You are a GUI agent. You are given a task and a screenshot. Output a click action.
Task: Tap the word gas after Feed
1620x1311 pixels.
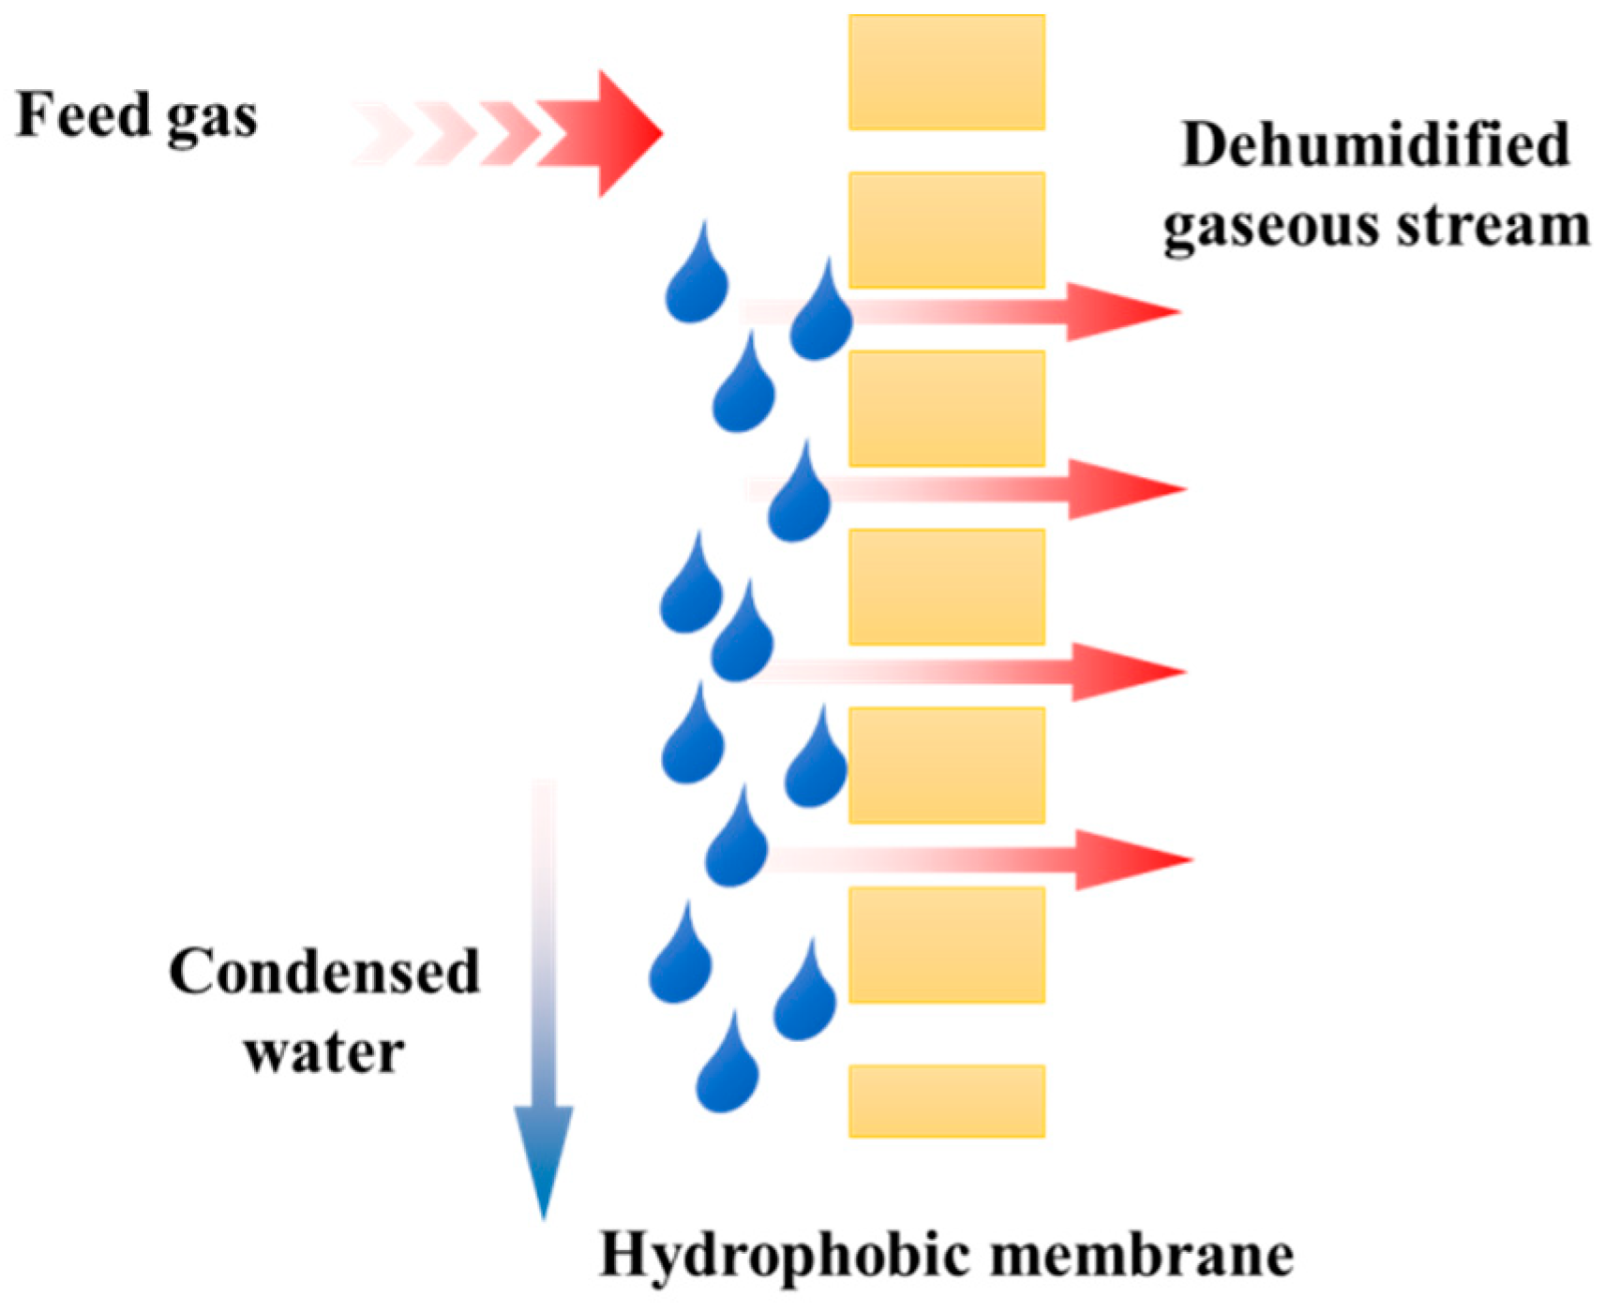click(211, 120)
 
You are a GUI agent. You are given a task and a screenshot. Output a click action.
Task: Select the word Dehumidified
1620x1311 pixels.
click(1375, 145)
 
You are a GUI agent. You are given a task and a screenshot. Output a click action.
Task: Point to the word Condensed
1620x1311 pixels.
click(324, 972)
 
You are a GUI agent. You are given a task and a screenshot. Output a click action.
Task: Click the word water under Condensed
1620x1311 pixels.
click(324, 1051)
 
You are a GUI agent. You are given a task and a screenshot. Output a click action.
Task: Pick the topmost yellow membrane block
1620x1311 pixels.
click(947, 72)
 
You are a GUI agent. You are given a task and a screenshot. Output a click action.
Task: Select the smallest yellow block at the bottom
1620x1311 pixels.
click(947, 1101)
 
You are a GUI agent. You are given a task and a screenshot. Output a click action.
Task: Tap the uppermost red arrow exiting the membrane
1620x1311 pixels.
click(1116, 311)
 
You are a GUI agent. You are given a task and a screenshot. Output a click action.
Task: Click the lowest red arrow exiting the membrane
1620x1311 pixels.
click(1125, 859)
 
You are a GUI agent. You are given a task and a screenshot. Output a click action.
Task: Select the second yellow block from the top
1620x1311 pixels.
click(947, 230)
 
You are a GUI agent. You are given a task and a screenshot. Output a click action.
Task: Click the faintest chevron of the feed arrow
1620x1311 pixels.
click(380, 134)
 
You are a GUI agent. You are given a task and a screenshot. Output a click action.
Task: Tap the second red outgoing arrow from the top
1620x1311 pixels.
click(1120, 489)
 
